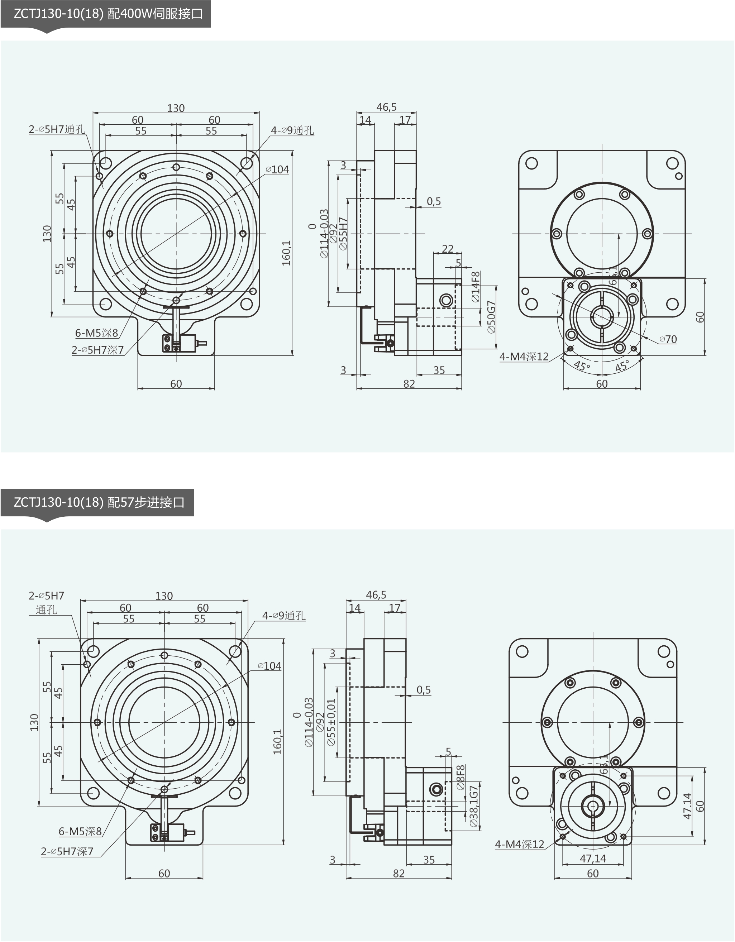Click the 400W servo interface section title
click(108, 14)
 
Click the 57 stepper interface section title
click(99, 502)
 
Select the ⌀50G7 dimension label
click(491, 317)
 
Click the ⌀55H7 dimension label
click(343, 233)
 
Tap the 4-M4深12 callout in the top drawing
click(524, 357)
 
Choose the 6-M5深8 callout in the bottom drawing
click(80, 831)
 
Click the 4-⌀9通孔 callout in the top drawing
click(292, 130)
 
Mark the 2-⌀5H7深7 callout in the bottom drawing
click(67, 851)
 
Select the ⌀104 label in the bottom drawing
click(269, 666)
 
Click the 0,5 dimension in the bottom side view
click(424, 690)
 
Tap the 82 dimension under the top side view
click(409, 383)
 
